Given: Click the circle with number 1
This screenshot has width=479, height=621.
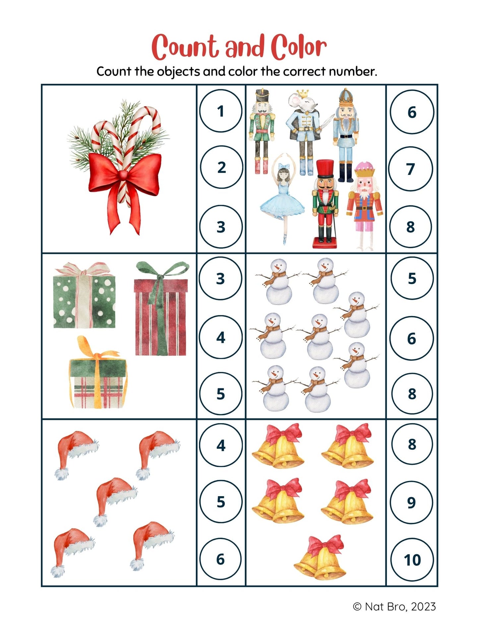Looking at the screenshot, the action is point(221,111).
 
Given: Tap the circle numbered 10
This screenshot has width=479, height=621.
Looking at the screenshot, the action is point(412,560).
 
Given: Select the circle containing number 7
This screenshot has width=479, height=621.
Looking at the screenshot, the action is point(411,169).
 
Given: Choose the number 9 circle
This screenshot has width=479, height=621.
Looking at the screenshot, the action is point(411,502).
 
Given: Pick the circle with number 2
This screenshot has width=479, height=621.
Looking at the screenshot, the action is point(221,167).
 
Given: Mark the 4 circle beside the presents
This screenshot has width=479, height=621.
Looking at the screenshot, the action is point(221,337).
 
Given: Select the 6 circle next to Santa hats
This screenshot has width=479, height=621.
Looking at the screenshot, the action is point(221,559).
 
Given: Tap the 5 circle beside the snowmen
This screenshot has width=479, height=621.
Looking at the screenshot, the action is point(412,278).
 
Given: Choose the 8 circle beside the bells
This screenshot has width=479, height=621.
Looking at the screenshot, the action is point(412,444).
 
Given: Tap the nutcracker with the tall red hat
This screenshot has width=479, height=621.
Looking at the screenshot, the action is point(326,204).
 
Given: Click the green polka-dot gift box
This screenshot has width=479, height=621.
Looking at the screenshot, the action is point(84,295).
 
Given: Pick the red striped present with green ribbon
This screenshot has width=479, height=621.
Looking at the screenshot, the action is point(161,308).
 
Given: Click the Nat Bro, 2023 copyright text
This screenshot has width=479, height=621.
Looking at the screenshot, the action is point(394,607).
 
